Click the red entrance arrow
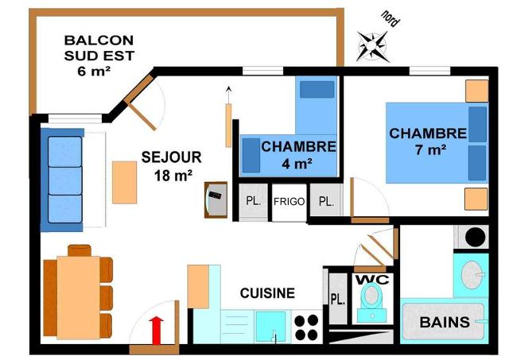(157, 329)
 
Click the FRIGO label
(289, 201)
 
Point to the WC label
(370, 281)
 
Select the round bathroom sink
(476, 274)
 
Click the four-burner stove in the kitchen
(306, 327)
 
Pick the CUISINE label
(267, 293)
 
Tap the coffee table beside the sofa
(125, 182)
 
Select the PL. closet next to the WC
(336, 300)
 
